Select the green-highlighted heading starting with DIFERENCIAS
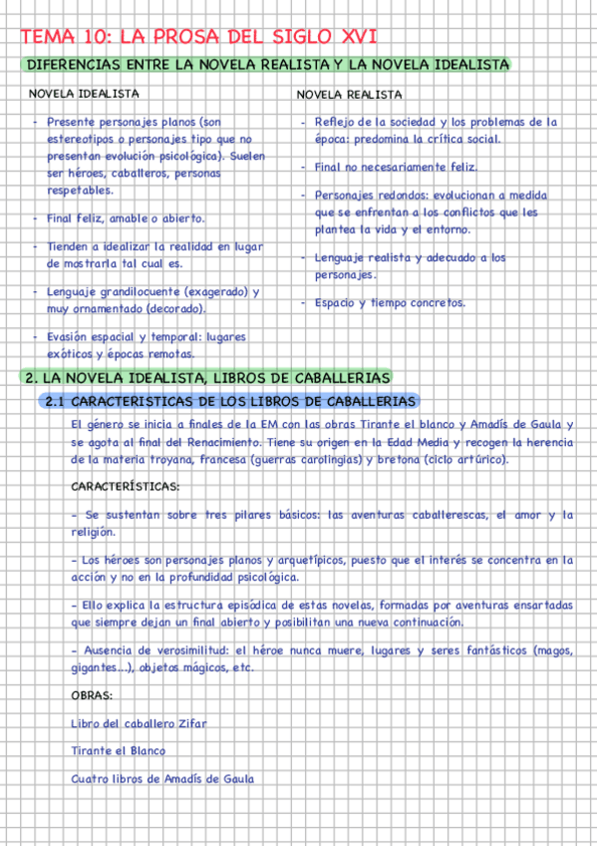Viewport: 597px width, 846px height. [267, 65]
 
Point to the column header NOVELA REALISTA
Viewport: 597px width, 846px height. [350, 95]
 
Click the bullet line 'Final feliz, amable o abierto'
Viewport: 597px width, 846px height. [126, 217]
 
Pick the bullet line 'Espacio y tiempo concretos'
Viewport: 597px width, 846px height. [390, 302]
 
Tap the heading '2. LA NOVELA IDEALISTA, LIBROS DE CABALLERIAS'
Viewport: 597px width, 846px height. [207, 378]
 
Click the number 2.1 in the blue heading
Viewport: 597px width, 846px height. [56, 401]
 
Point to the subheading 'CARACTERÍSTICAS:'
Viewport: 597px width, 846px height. [126, 487]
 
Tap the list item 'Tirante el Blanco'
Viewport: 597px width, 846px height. [119, 750]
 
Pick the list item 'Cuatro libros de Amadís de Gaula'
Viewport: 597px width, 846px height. [162, 778]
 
